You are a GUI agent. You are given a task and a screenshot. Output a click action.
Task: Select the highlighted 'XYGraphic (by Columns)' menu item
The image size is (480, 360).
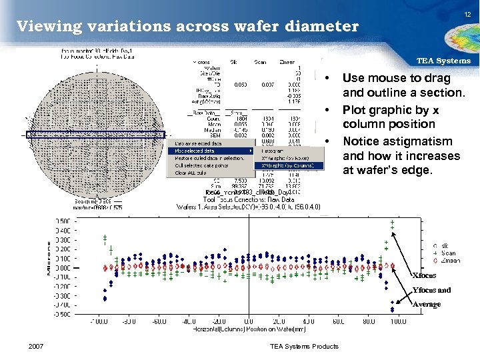289,166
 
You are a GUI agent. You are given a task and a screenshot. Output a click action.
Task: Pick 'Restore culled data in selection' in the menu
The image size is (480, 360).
209,158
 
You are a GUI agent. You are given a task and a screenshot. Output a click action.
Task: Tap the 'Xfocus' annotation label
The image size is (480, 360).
424,275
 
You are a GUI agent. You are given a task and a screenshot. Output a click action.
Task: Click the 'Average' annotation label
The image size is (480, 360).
426,304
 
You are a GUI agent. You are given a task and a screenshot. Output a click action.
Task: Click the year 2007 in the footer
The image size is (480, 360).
38,346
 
